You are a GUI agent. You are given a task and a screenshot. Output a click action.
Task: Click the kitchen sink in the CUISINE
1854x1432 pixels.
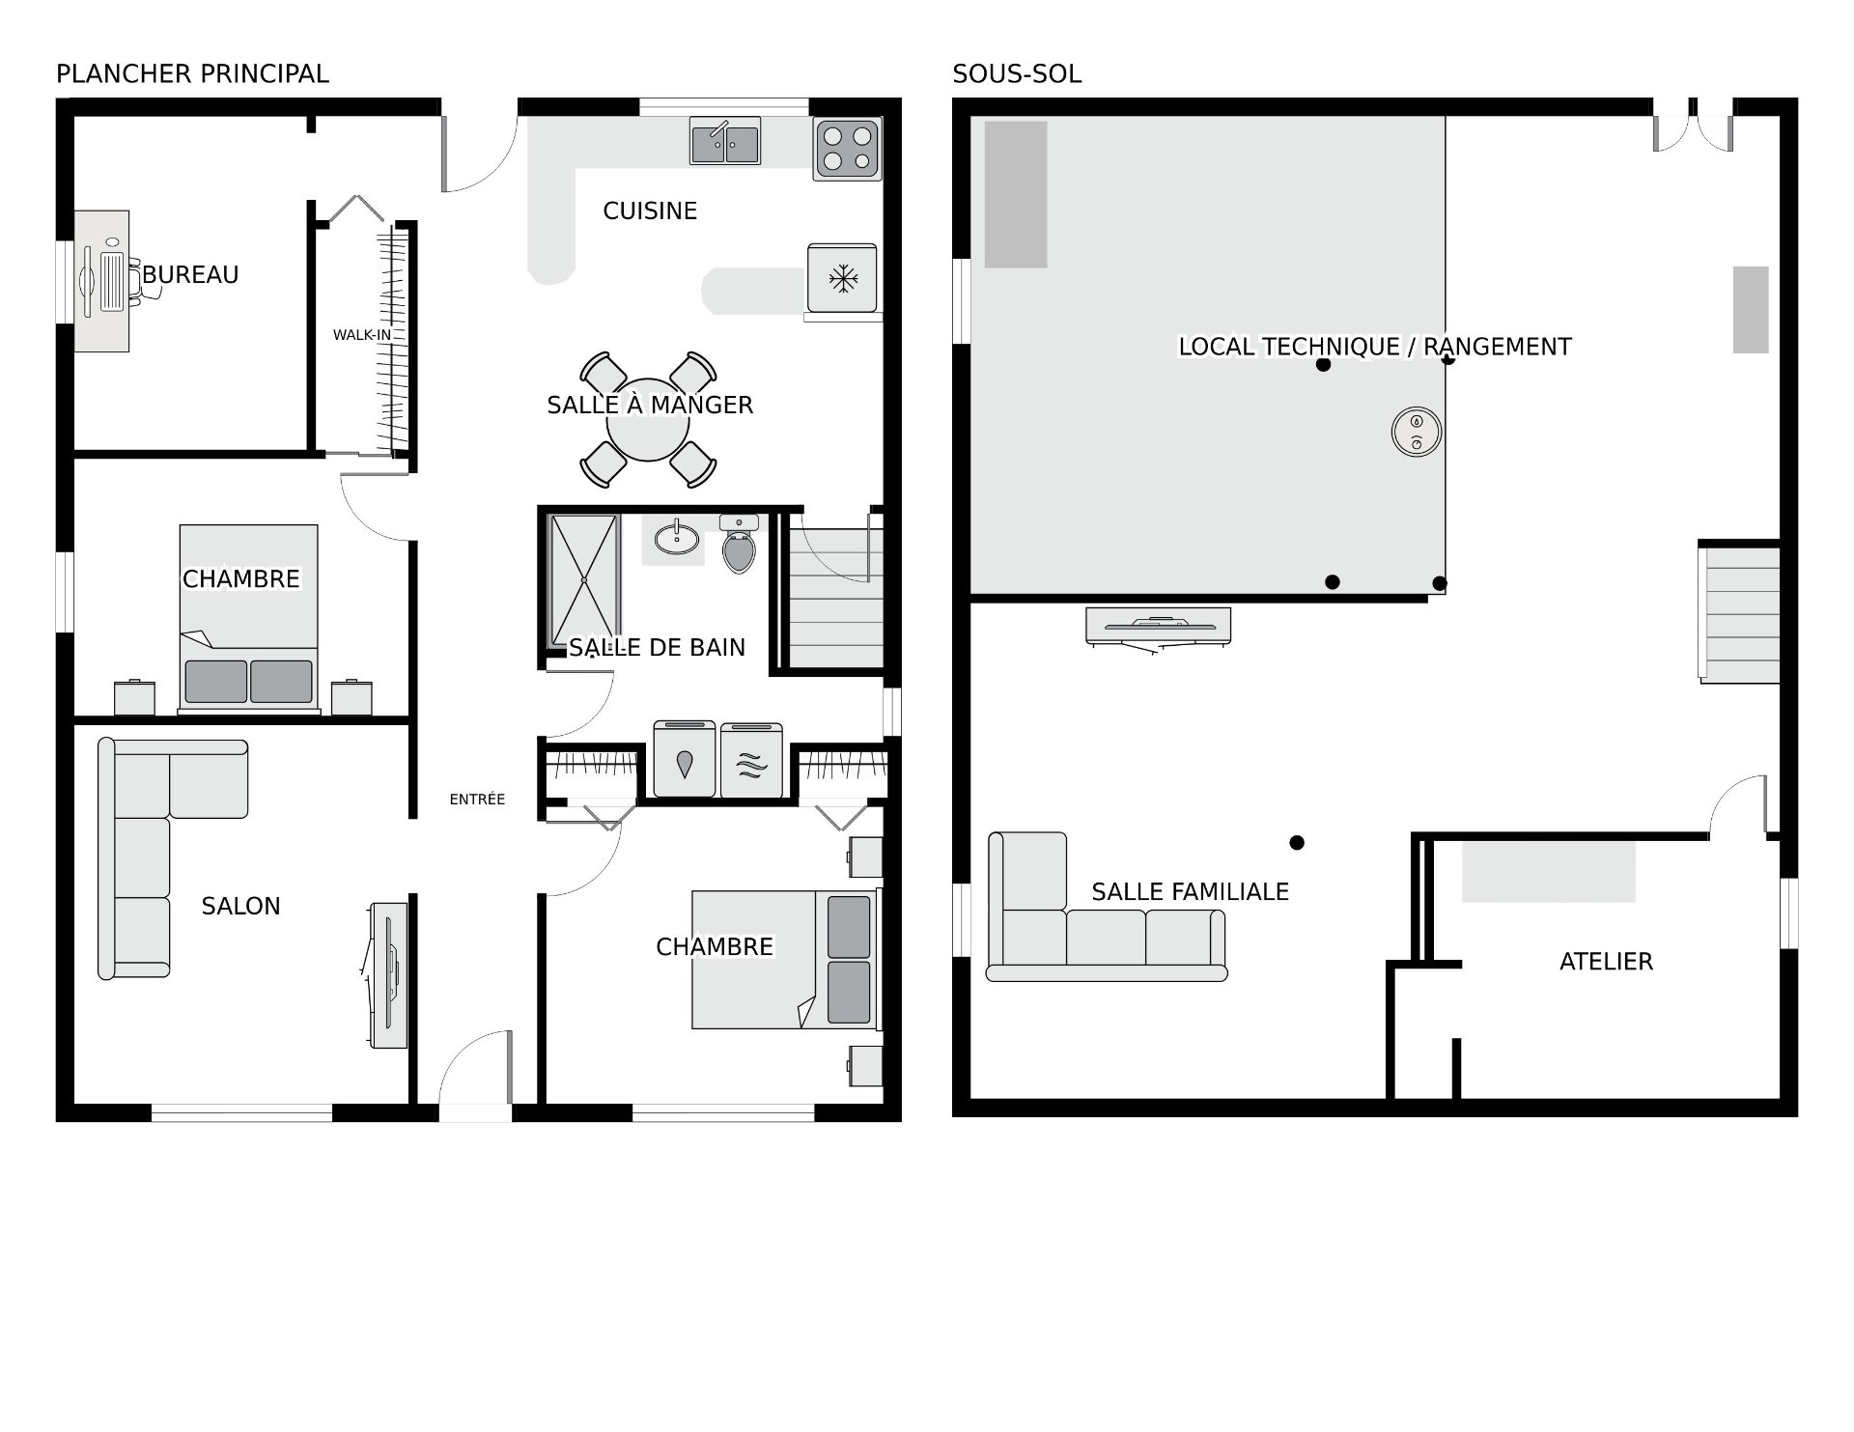[725, 141]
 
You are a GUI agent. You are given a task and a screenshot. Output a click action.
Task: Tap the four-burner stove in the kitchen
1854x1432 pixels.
[848, 148]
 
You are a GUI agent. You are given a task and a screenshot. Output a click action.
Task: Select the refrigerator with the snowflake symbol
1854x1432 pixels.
[843, 278]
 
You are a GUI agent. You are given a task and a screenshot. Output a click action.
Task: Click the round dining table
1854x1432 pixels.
[648, 420]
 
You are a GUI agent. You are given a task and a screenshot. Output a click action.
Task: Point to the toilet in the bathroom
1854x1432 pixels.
[739, 544]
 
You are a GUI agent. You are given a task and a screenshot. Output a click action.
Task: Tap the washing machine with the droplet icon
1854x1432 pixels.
[685, 759]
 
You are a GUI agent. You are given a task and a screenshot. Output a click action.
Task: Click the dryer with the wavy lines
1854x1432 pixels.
[752, 759]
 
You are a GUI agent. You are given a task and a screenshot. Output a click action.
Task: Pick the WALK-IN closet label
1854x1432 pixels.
[362, 335]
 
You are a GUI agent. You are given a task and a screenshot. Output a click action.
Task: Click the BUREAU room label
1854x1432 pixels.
[190, 275]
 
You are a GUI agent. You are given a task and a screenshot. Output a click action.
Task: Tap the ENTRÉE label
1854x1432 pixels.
[477, 800]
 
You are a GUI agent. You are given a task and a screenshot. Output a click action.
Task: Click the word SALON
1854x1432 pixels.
[240, 906]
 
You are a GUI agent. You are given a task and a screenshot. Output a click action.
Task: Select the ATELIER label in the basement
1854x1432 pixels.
[1607, 961]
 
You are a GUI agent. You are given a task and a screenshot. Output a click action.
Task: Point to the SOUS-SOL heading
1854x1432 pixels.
[1017, 74]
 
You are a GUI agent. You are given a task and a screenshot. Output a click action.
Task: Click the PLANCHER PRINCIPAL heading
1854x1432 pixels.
[192, 74]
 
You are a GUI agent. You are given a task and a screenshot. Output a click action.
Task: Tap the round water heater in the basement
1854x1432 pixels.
[1417, 431]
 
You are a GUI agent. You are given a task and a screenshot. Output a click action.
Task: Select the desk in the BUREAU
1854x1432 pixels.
[102, 281]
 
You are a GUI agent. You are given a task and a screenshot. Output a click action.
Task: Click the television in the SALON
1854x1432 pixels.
[389, 974]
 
